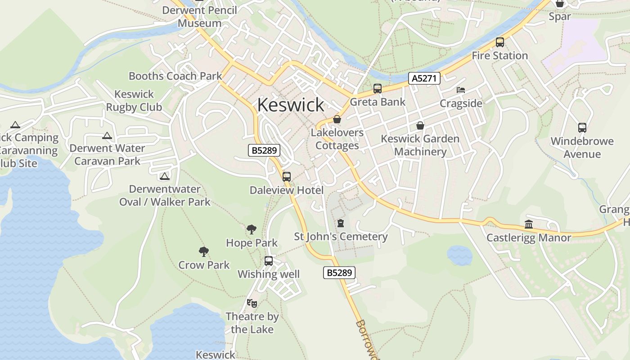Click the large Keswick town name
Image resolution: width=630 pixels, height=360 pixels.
291,105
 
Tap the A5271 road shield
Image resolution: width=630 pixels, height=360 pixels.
424,78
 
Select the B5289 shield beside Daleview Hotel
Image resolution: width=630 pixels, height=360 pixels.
264,150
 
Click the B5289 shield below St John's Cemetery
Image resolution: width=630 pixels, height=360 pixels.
339,272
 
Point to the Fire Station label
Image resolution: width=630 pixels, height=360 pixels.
499,56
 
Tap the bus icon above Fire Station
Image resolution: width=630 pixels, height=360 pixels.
499,42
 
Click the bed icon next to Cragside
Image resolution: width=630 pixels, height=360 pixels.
460,90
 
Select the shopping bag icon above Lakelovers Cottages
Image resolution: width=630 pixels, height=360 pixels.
337,119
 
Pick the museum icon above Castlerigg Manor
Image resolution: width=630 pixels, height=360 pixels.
529,224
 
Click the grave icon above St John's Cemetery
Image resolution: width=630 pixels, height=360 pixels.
341,223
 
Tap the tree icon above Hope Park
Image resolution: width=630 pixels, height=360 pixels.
252,229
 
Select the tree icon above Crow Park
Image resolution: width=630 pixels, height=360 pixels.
204,252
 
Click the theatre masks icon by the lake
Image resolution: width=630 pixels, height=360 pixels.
252,303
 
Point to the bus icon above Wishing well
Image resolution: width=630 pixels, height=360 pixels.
269,261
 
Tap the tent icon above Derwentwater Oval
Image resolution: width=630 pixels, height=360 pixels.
165,176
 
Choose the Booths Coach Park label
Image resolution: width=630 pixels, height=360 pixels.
175,76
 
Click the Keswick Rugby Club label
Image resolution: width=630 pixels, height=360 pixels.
134,101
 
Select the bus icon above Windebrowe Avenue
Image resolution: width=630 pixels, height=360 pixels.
582,128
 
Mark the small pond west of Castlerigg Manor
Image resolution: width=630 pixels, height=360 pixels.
459,255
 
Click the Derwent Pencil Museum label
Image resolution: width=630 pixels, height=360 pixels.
200,17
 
